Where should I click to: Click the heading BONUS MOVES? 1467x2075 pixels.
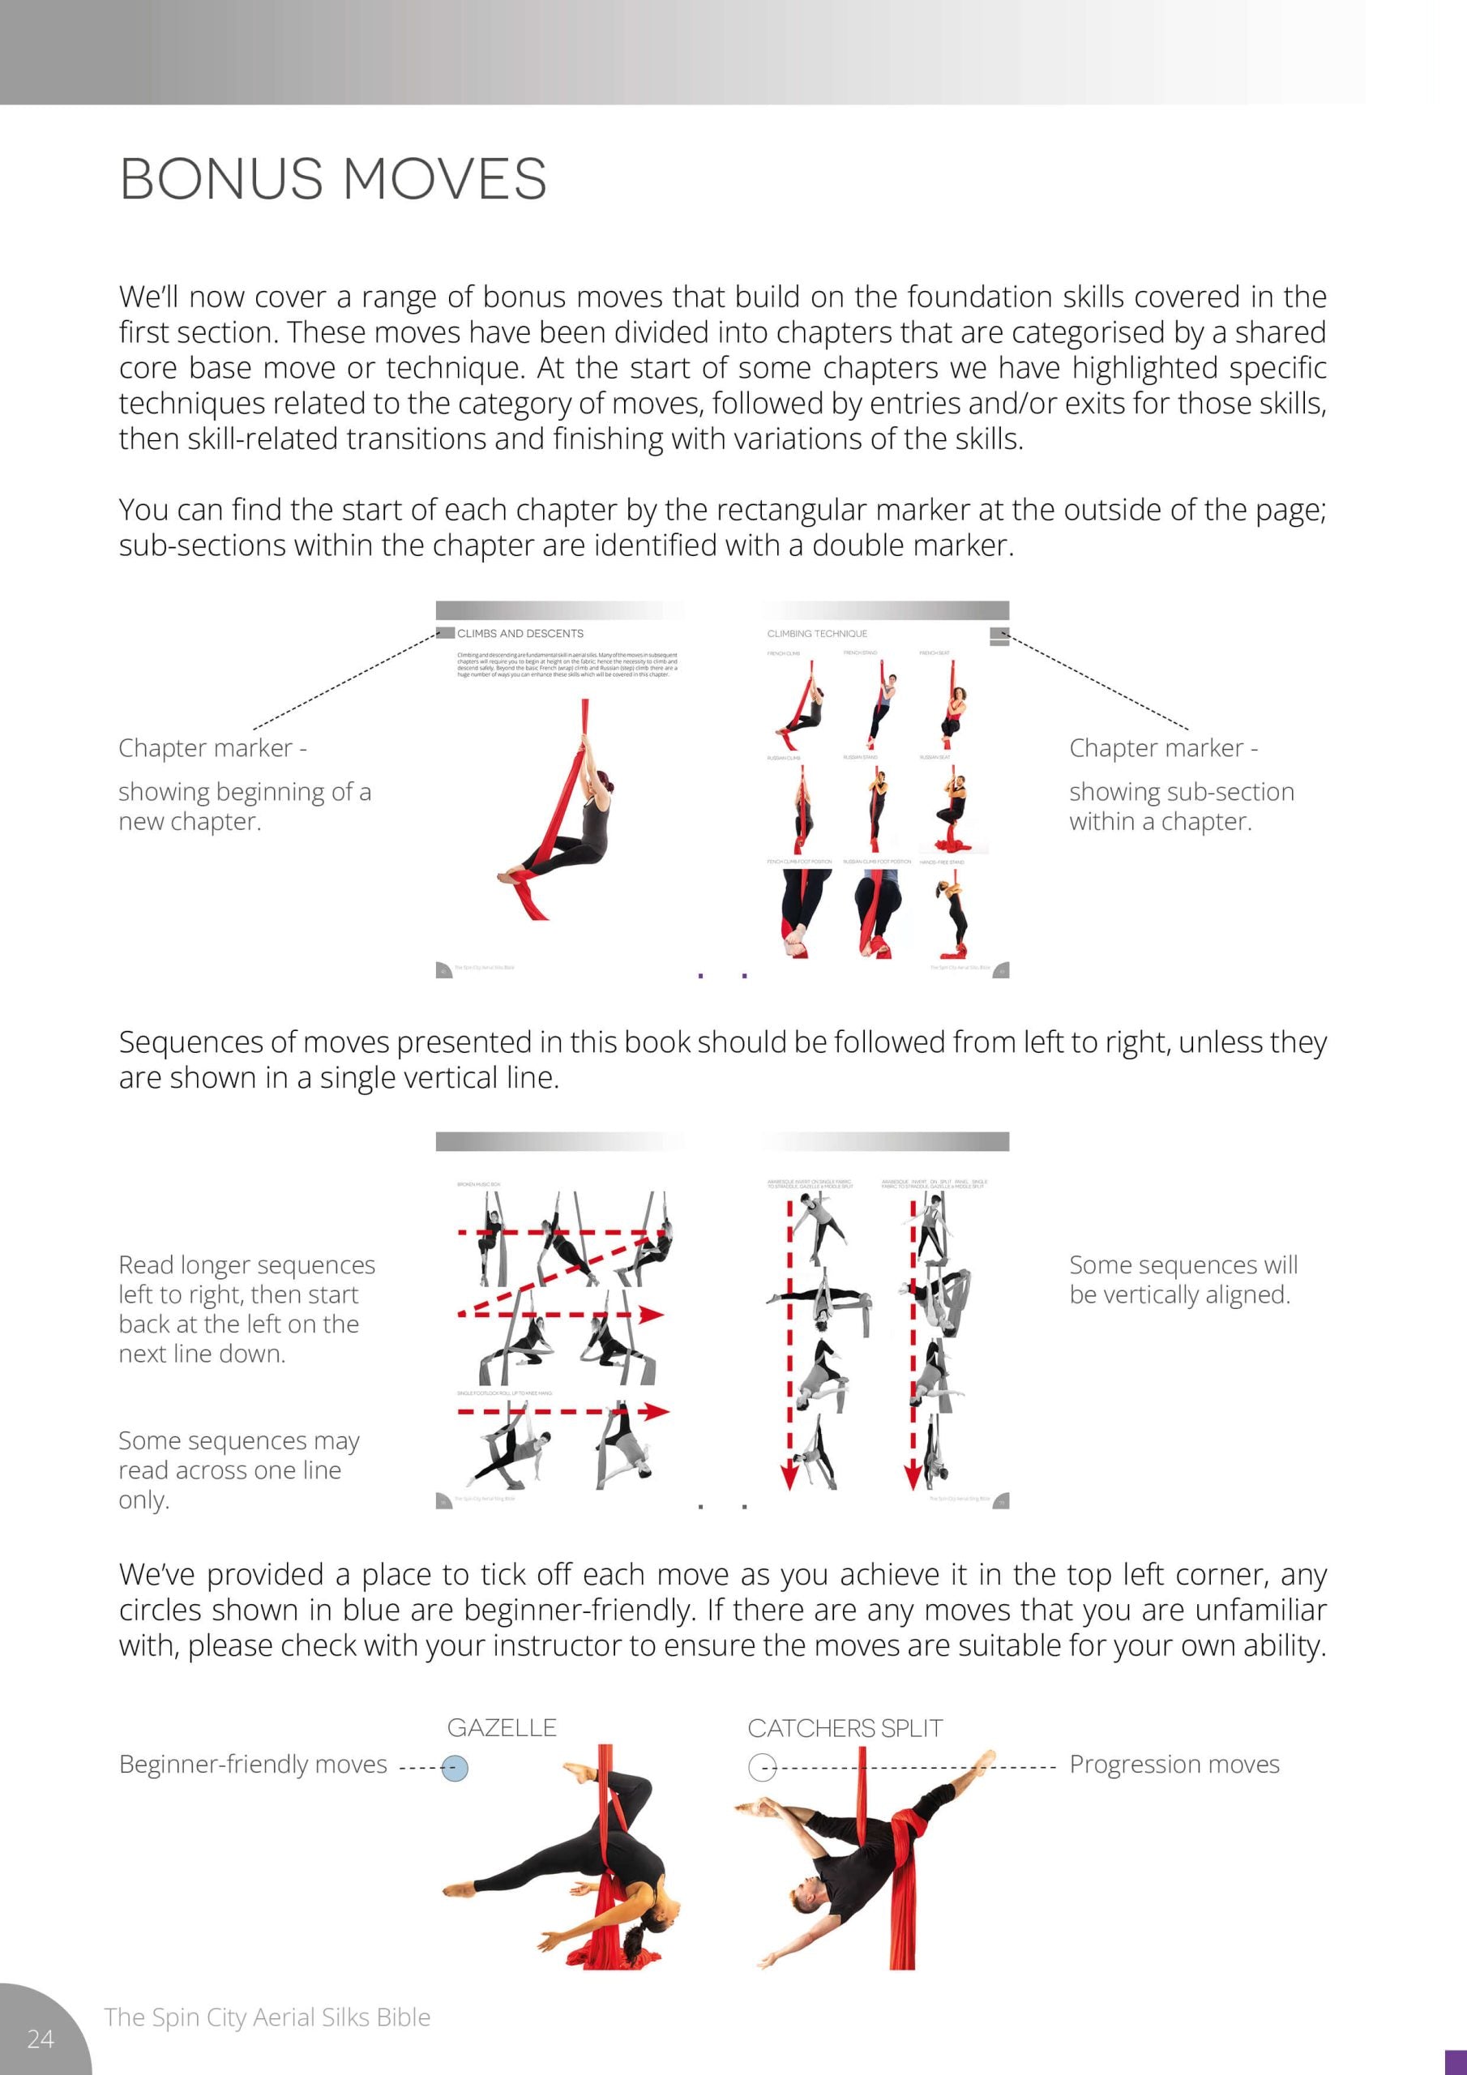point(332,178)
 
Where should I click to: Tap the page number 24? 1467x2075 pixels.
point(41,2038)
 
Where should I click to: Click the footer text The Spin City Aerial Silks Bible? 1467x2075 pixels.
point(267,2017)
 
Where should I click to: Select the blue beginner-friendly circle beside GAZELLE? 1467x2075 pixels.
point(455,1769)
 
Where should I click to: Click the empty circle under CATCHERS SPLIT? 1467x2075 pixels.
point(762,1768)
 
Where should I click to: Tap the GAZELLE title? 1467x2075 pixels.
point(502,1728)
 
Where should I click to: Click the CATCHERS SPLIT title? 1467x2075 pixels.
point(845,1728)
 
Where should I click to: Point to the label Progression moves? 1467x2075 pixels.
point(1174,1764)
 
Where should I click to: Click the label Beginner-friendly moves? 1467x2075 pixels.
point(253,1764)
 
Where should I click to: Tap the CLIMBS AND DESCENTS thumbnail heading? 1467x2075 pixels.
point(520,634)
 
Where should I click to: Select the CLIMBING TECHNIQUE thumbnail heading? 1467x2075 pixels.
point(816,634)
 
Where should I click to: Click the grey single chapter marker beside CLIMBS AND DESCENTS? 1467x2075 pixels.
point(445,632)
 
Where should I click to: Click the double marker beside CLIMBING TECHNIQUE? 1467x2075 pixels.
point(999,636)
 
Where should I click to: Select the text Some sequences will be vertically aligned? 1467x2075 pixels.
point(1183,1280)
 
